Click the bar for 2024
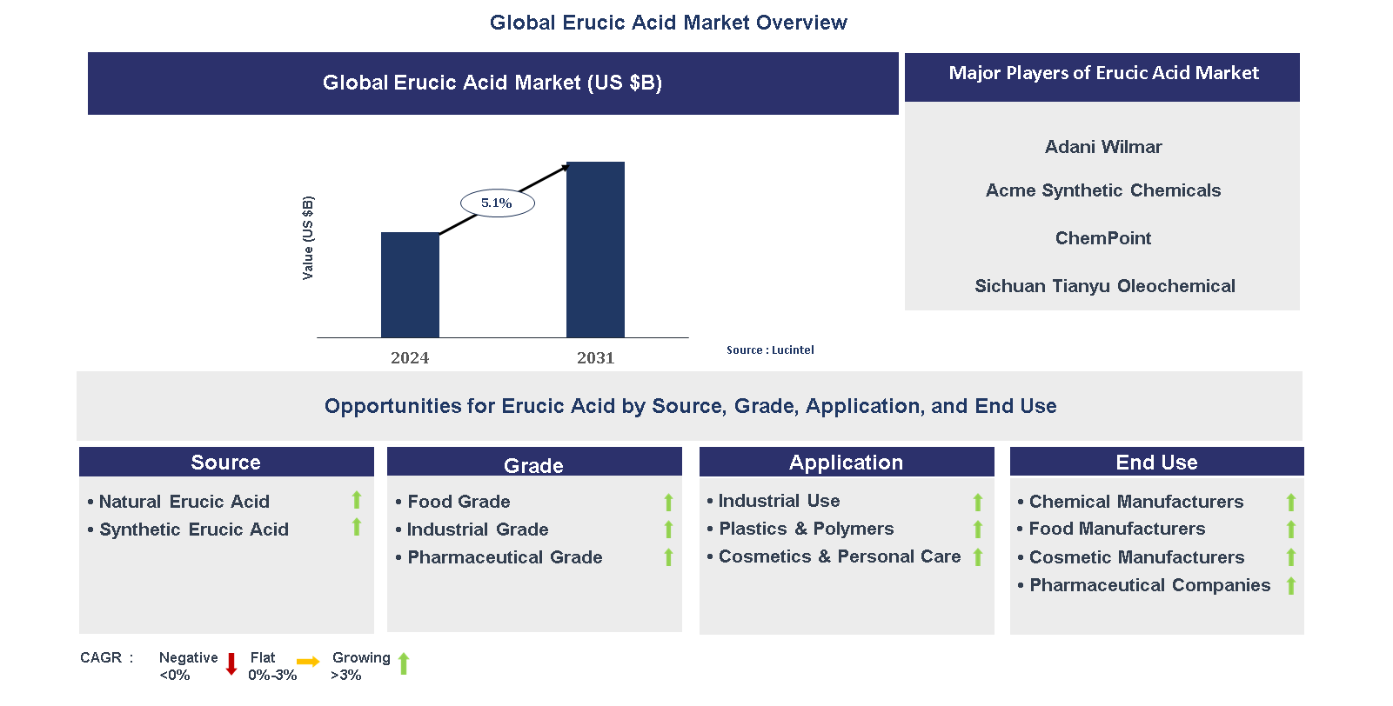[410, 284]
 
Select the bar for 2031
[595, 250]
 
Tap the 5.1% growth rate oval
[497, 203]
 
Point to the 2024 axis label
[410, 358]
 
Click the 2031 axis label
[595, 358]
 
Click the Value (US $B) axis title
[308, 238]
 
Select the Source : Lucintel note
[770, 350]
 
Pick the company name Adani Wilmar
[1103, 147]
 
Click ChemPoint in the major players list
[1103, 238]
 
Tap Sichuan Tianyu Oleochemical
[1104, 286]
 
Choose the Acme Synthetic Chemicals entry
[1103, 190]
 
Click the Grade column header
[533, 465]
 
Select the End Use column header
[1156, 463]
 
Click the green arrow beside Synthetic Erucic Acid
[357, 527]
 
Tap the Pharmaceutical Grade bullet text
[505, 557]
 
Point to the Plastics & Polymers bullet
[806, 529]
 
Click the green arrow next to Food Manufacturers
[1291, 529]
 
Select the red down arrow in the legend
[231, 664]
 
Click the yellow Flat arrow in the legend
[308, 663]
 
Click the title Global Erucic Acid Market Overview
[668, 23]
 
